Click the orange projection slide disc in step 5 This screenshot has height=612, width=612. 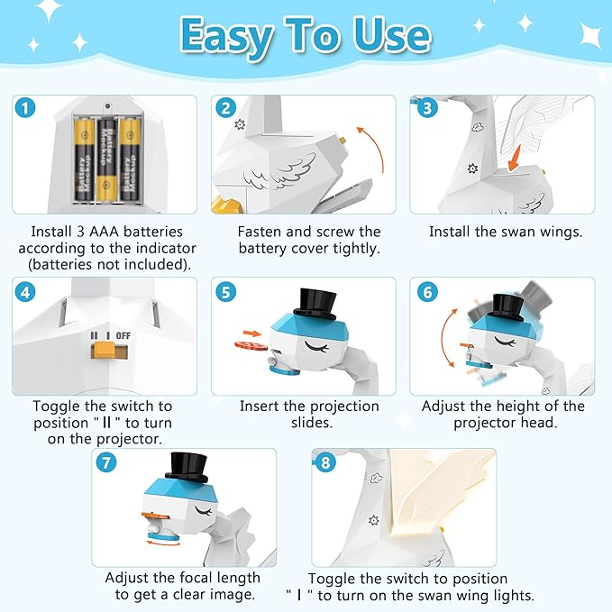[x=251, y=343]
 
